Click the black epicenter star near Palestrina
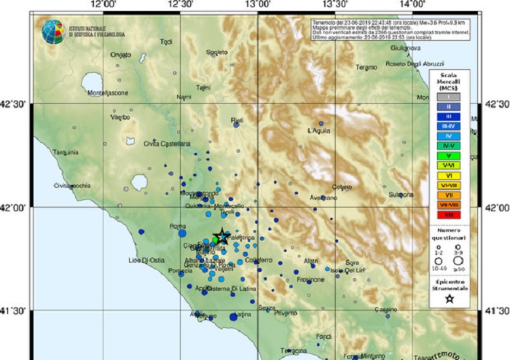coord(220,236)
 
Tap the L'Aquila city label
coord(319,130)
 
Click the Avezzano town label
coord(323,197)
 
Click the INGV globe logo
coord(52,31)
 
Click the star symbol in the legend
coord(450,298)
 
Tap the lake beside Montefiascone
coord(93,82)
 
